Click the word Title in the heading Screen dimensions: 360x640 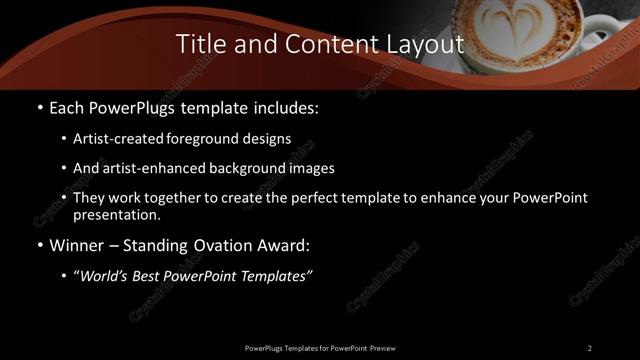click(201, 44)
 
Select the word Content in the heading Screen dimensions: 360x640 click(326, 44)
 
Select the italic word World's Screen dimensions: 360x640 click(103, 277)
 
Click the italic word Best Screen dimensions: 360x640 click(151, 277)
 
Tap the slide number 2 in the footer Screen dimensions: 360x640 click(589, 347)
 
